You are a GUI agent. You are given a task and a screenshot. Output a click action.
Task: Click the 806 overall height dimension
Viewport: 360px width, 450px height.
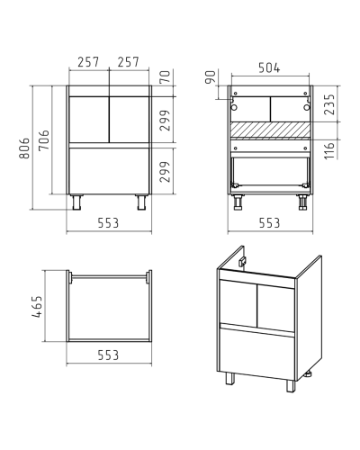pos(24,148)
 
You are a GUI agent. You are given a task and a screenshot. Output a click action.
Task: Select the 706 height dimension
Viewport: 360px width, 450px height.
pos(44,140)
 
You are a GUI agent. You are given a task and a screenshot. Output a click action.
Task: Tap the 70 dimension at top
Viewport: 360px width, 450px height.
pos(166,76)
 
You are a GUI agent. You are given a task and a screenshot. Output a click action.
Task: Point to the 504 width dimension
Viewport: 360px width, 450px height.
pos(269,68)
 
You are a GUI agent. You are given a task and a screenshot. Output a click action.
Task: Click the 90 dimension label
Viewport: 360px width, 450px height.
pos(211,77)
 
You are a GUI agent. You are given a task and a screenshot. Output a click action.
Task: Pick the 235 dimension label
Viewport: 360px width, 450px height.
pos(329,104)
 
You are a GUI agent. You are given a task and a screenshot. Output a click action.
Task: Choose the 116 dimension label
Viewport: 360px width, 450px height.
pos(329,151)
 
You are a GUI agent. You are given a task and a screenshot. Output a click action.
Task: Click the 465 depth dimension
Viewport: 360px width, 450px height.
pos(37,307)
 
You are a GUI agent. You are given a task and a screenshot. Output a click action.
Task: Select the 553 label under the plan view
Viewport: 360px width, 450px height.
pos(108,355)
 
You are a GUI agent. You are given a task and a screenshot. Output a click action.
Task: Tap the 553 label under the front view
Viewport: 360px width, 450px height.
pos(108,223)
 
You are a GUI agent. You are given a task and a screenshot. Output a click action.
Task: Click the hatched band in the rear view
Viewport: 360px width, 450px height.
pos(270,130)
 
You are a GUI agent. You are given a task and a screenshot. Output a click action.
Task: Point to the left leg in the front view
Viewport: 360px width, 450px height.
pos(76,202)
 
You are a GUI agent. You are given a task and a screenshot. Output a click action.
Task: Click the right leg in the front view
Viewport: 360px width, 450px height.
pos(141,202)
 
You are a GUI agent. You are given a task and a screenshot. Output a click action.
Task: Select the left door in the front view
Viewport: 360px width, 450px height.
pos(89,120)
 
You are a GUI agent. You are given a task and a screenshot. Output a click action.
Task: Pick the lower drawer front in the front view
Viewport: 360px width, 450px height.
pos(109,171)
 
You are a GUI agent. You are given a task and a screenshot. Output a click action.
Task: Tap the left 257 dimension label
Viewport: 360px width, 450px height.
pos(88,62)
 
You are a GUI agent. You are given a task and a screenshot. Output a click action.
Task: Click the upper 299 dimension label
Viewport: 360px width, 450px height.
pos(166,121)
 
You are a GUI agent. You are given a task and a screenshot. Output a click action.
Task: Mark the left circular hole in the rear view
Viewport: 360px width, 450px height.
pos(234,107)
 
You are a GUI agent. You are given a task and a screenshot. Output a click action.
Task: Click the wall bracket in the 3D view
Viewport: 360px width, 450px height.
pos(242,262)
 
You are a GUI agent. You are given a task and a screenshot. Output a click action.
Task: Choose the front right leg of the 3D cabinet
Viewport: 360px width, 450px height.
pos(291,386)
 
